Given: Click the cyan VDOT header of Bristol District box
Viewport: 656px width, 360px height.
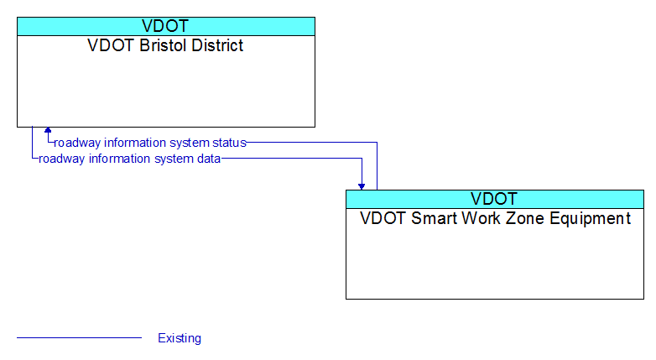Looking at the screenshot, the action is [166, 26].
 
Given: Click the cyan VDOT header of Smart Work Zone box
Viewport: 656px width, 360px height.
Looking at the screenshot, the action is [495, 199].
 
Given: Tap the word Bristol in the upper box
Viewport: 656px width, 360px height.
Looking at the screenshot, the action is [164, 45].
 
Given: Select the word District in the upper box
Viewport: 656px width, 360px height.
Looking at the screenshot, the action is [217, 45].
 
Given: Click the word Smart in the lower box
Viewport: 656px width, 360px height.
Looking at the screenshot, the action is [430, 218].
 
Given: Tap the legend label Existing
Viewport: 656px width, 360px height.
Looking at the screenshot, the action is [180, 338].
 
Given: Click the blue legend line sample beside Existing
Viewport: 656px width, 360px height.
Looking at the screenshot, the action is [79, 337].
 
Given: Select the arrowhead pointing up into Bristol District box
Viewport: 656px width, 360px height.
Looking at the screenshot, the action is [48, 130].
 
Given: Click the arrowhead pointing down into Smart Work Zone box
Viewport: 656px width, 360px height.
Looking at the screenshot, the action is [362, 186].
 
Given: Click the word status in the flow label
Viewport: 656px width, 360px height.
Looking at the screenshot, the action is [229, 143].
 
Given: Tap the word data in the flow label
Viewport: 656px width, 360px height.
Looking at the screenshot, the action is [209, 159].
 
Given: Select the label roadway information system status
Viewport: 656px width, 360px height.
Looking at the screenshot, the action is [150, 143].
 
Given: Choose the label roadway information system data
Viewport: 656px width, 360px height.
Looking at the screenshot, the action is [130, 159].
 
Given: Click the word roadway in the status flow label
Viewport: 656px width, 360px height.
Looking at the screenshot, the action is [77, 143].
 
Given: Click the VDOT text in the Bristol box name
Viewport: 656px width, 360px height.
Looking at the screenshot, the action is [112, 45].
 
